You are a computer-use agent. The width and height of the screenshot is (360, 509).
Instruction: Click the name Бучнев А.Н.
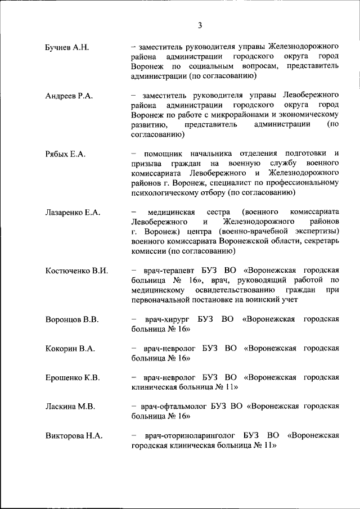(67, 48)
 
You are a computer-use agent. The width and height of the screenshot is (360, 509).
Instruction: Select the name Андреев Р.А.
(69, 96)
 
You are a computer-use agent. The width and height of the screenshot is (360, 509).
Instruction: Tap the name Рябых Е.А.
(65, 154)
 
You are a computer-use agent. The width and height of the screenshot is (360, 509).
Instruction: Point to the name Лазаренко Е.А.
(73, 212)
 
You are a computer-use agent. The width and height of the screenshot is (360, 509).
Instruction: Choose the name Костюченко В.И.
(76, 271)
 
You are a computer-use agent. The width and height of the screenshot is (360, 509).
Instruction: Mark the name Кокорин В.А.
(70, 349)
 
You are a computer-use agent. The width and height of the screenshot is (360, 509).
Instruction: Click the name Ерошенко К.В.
(73, 379)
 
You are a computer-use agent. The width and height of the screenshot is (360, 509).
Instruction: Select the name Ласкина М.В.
(70, 407)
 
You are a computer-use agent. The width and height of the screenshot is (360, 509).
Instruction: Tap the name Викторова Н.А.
(73, 436)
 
